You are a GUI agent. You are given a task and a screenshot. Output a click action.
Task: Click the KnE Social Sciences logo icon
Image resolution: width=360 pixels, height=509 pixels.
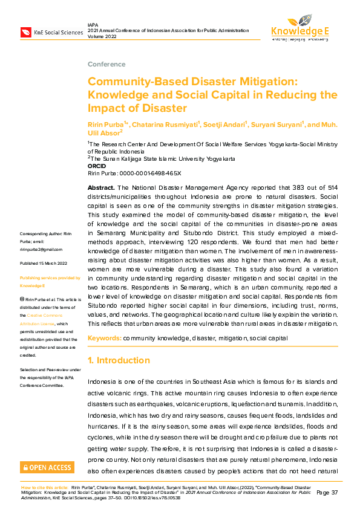[26, 32]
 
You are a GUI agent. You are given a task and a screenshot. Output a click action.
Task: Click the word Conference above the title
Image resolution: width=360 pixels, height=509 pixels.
[102, 64]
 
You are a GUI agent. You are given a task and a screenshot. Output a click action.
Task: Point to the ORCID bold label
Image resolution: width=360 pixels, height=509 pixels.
[97, 166]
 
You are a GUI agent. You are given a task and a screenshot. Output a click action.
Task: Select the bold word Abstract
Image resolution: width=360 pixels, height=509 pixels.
[101, 188]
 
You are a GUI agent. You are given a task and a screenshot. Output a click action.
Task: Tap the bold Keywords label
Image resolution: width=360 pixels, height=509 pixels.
[104, 337]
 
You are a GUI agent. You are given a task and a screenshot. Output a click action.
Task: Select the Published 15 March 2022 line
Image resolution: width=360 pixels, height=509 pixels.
[44, 264]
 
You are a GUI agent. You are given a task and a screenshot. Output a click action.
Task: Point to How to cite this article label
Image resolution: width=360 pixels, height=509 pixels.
[45, 487]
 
